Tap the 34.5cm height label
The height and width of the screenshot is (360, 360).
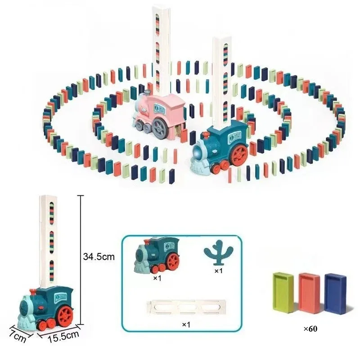pyautogui.click(x=99, y=257)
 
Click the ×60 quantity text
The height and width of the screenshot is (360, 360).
pyautogui.click(x=310, y=329)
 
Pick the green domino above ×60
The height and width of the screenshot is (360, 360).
pyautogui.click(x=283, y=292)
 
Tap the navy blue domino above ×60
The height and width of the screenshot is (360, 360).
pyautogui.click(x=335, y=293)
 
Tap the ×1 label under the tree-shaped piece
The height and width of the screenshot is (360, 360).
pyautogui.click(x=219, y=271)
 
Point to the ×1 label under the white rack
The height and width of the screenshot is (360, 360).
pyautogui.click(x=185, y=324)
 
